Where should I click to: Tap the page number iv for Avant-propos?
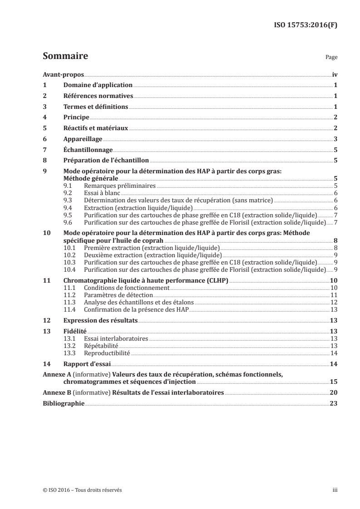(x=335, y=74)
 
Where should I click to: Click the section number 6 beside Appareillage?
(x=44, y=139)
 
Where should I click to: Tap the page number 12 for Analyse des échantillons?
(x=334, y=302)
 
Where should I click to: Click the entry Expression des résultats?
(x=100, y=320)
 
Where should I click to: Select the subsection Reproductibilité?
(x=107, y=352)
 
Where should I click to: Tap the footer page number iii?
(x=335, y=490)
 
